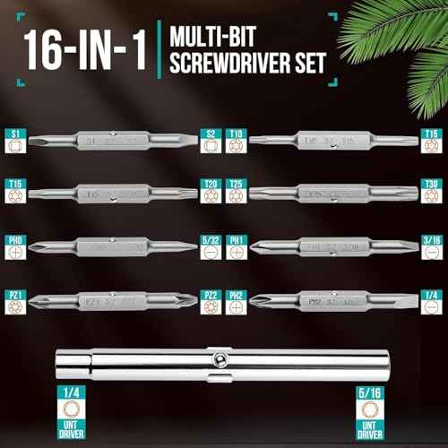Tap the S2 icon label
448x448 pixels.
point(211,142)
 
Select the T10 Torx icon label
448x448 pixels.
point(237,142)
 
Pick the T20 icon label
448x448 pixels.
point(211,193)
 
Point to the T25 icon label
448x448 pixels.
point(237,193)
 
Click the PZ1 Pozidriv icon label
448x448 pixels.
point(14,300)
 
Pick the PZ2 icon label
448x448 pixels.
point(211,300)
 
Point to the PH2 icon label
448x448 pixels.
point(237,300)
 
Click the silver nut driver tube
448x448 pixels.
point(224,364)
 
